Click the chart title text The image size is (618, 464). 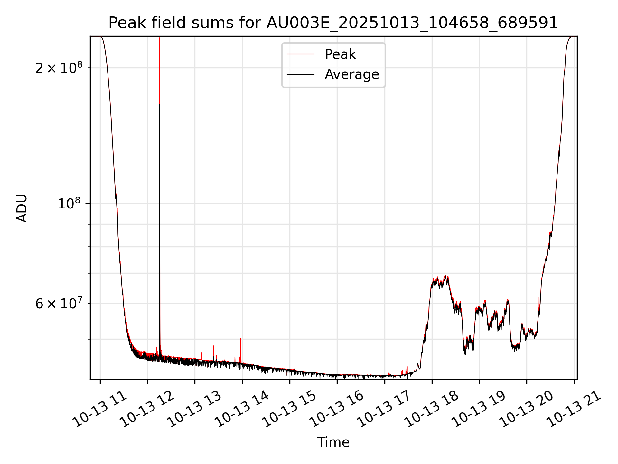[x=333, y=23]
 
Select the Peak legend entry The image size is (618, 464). [x=340, y=54]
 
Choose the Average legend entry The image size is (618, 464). [x=351, y=74]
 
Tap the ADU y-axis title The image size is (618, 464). [x=22, y=208]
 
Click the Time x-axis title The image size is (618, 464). [x=333, y=442]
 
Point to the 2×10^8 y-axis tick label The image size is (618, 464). [x=59, y=68]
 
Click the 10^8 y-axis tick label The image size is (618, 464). [x=70, y=204]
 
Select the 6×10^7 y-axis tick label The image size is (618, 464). [x=59, y=304]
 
